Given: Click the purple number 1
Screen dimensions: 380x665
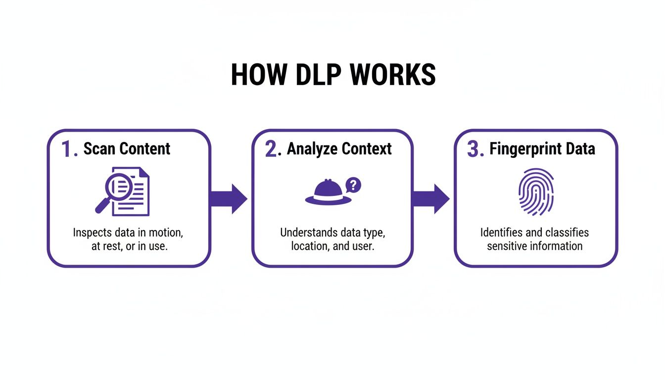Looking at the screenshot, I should pos(68,149).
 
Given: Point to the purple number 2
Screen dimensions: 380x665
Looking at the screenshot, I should pos(272,149).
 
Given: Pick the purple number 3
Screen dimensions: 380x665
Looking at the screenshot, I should pos(474,149).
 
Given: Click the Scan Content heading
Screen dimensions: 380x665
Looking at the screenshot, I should pos(127,149).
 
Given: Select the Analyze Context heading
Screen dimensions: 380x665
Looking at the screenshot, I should pos(339,149).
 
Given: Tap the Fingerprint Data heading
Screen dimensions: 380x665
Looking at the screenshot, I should pos(542,149).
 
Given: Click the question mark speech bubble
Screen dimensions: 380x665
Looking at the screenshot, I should pos(353,186).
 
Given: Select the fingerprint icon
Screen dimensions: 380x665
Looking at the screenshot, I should pos(536,191).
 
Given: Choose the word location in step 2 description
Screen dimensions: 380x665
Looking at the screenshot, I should pos(309,246).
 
